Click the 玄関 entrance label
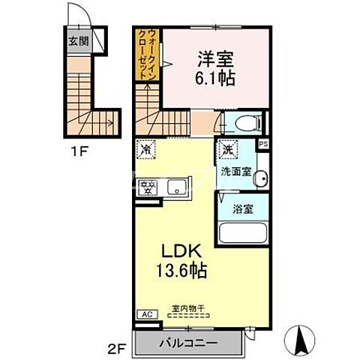pyautogui.click(x=77, y=42)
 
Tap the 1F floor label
pyautogui.click(x=81, y=150)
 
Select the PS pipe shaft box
pyautogui.click(x=263, y=145)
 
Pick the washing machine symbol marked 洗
pyautogui.click(x=229, y=148)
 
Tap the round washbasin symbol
pyautogui.click(x=259, y=178)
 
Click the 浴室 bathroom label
pyautogui.click(x=241, y=208)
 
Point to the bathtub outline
pyautogui.click(x=242, y=233)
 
